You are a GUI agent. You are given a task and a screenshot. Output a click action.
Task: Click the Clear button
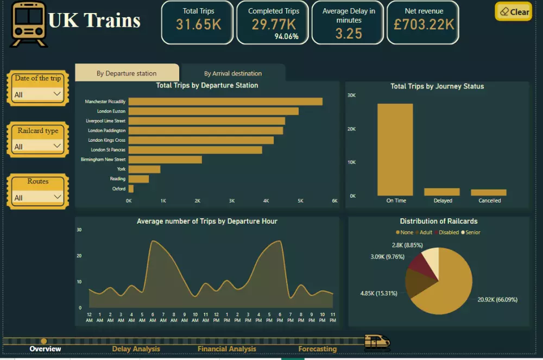pos(513,11)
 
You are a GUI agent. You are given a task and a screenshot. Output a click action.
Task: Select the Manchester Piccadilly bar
pos(225,102)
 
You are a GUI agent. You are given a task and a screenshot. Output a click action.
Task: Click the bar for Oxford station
pos(131,188)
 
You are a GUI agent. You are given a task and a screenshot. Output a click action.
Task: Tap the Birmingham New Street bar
pos(165,160)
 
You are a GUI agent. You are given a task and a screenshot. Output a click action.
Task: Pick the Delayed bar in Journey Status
pos(442,192)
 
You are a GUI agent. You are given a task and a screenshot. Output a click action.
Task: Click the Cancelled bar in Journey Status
pos(488,192)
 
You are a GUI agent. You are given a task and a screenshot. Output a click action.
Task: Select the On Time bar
pos(395,149)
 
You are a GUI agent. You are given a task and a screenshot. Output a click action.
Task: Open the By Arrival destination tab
pos(233,73)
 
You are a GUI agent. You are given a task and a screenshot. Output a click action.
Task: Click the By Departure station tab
pos(127,73)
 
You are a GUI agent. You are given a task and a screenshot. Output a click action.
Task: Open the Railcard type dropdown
pos(37,146)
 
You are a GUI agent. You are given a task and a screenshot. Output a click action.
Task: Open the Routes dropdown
pos(37,197)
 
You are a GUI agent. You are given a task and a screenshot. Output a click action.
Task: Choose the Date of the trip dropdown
pos(37,94)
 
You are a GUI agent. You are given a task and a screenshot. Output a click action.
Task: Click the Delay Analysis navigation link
pos(136,349)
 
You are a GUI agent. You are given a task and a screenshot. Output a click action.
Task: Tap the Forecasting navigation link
pos(317,349)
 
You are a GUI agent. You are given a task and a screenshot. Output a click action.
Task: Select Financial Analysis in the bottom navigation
pos(226,349)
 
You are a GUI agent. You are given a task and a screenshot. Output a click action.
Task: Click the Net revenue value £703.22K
pos(422,24)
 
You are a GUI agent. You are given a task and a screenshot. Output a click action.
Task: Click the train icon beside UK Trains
pos(28,24)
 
